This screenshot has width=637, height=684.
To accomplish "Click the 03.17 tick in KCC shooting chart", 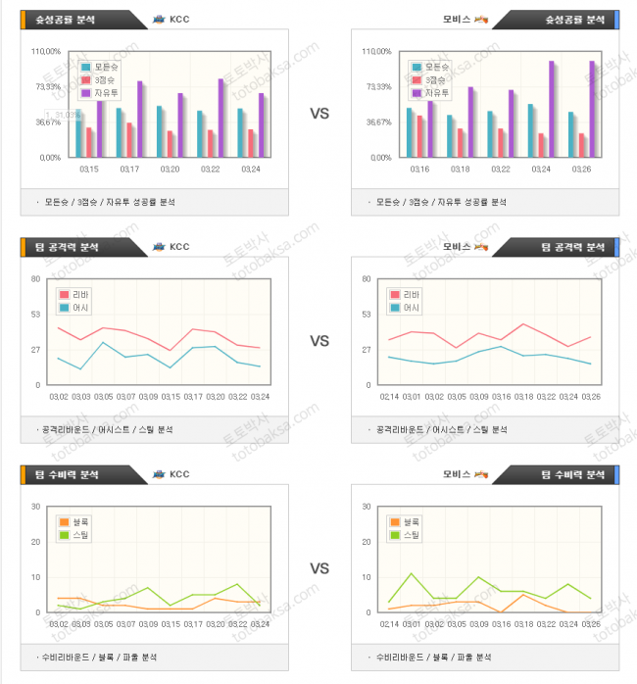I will point(128,169).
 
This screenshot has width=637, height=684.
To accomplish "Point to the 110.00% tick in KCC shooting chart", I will point(46,51).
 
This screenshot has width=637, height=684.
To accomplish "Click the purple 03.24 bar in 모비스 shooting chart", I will point(552,109).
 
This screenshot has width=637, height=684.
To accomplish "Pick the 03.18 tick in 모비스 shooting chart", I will point(460,169).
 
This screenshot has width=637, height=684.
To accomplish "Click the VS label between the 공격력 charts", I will point(319,341).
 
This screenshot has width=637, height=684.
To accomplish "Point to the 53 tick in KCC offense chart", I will point(37,315).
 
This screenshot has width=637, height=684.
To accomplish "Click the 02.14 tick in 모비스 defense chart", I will point(390,623).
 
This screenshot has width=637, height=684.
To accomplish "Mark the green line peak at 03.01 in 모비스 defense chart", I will point(411,573).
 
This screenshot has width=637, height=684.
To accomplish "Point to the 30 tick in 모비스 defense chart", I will point(367,507).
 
